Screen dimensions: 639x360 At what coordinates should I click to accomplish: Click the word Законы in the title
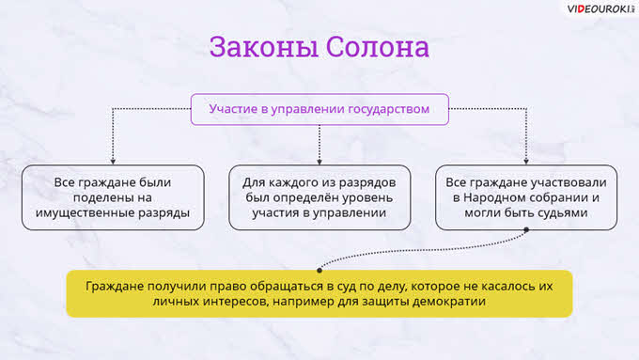(x=264, y=47)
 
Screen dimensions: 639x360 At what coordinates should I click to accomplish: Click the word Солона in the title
(x=378, y=47)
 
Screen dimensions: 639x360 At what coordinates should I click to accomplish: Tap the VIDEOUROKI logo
(x=600, y=8)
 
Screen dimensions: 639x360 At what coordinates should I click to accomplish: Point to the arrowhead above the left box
(x=113, y=162)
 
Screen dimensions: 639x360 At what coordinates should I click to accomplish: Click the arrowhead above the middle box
(x=319, y=162)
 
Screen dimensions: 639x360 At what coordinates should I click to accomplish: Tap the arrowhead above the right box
(x=526, y=162)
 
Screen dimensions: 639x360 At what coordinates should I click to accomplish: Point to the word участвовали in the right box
(x=566, y=182)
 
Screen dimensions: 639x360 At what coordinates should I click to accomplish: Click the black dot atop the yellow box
(x=319, y=271)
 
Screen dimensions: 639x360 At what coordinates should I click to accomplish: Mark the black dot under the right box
(x=526, y=230)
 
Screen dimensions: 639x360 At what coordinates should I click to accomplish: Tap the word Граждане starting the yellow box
(x=115, y=287)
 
